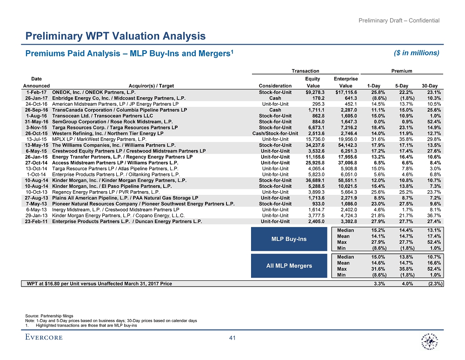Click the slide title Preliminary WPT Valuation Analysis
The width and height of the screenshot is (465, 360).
pos(115,36)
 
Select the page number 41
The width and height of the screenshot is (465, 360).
pos(233,338)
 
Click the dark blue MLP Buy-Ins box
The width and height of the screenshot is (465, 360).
pos(289,239)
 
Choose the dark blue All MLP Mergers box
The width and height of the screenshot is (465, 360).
pos(289,266)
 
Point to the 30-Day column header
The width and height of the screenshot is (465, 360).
pos(432,86)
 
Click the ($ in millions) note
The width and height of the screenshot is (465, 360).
pos(417,53)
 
